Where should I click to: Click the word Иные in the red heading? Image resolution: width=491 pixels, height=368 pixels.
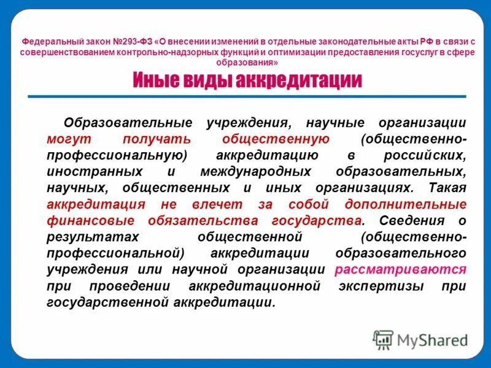[156, 80]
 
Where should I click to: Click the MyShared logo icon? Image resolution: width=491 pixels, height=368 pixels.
[384, 339]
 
